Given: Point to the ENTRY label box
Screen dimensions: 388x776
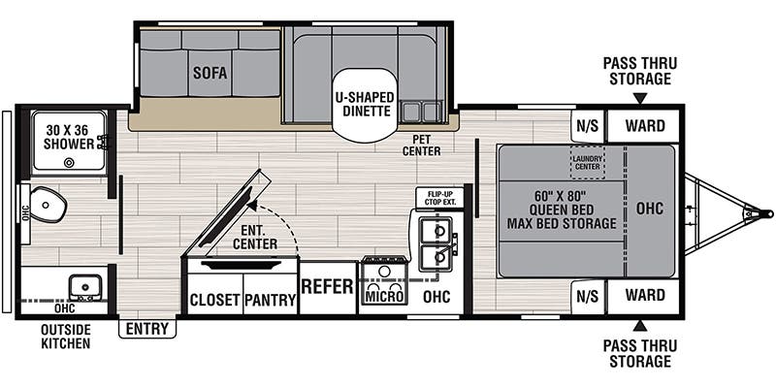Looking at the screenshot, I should pos(147,329).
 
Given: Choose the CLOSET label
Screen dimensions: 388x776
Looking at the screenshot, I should pos(214,300).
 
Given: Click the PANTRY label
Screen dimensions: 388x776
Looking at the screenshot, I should pos(270,300).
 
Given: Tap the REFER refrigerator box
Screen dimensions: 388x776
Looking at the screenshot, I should pos(328,287).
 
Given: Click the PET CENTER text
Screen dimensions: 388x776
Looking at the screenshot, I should pos(421,145).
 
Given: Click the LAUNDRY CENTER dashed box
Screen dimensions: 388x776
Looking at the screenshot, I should pos(587,162).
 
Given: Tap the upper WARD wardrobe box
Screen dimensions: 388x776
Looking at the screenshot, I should pos(644,124).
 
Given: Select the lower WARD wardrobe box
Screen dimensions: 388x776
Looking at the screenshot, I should pos(644,295).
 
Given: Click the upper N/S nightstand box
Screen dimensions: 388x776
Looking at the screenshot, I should pos(587,124).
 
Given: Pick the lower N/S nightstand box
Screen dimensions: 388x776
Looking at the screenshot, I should pos(587,295).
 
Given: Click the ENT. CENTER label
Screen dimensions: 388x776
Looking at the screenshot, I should pos(255,237).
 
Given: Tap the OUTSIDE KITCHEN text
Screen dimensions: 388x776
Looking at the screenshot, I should pos(66,336).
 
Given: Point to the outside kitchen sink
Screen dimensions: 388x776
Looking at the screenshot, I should pos(85,287).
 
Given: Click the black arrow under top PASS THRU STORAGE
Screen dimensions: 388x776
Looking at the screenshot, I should pos(640,98).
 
